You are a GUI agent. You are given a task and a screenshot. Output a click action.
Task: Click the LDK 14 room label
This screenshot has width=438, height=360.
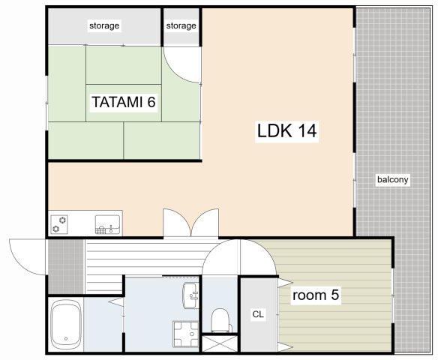287,130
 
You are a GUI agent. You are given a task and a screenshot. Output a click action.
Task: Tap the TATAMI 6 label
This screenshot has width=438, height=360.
124,102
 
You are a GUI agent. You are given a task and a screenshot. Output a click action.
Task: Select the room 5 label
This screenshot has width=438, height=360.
316,295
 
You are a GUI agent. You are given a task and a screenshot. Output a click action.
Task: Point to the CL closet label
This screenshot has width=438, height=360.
258,314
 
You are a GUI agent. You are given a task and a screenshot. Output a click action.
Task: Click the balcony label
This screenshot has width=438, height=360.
393,179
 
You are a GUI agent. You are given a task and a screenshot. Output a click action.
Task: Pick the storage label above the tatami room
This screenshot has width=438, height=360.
104,25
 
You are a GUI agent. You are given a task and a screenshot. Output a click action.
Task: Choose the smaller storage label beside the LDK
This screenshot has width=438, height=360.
181,25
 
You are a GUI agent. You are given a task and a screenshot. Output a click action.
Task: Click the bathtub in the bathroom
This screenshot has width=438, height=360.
66,325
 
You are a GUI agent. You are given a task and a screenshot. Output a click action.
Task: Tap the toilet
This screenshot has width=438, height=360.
221,320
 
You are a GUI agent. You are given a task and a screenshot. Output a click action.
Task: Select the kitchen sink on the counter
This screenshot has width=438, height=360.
107,224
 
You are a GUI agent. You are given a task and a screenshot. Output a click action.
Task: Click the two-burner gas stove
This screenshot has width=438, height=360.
59,224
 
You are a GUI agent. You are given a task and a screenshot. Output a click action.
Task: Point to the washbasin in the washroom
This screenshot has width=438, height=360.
190,295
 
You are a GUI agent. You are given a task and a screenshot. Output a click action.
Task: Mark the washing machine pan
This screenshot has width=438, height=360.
186,334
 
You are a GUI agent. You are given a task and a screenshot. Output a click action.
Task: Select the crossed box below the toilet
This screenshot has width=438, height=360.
220,343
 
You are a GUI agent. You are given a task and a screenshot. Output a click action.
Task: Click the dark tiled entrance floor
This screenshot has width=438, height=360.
66,267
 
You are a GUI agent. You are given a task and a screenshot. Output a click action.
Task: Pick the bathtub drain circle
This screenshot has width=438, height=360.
66,339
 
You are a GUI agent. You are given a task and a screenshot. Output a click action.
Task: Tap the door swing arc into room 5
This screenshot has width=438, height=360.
259,257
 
